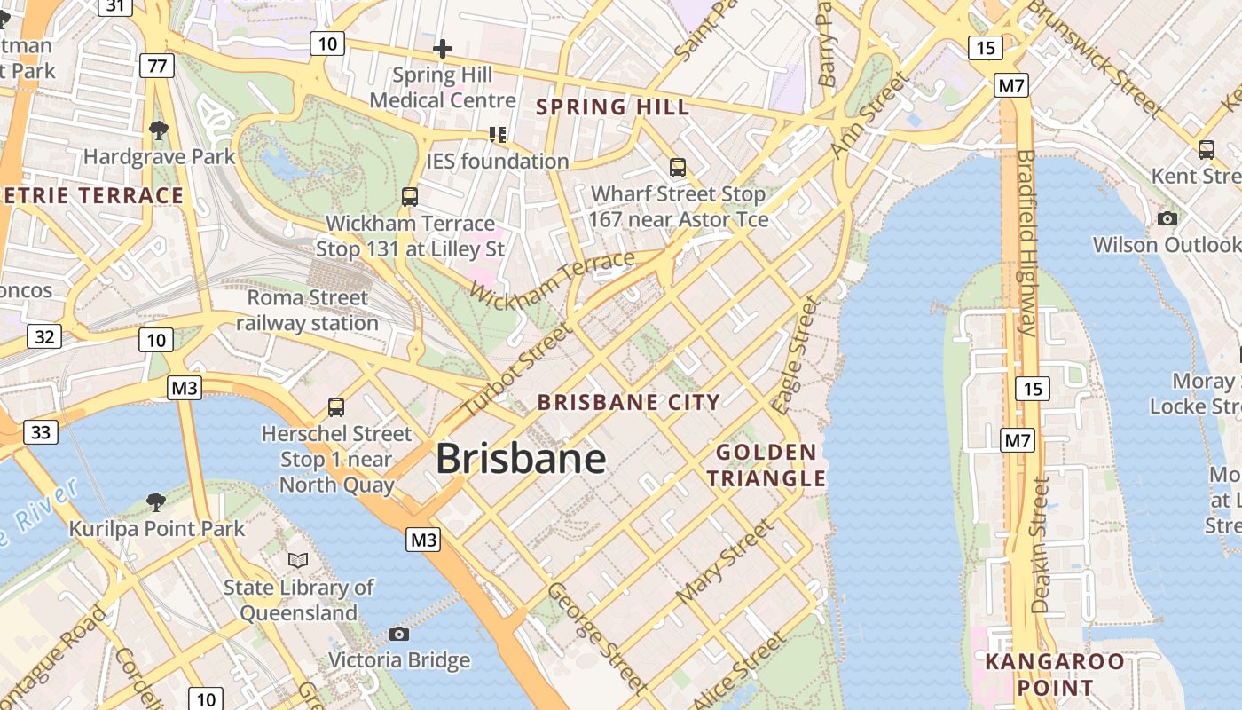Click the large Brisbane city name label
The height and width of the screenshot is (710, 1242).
pos(521,459)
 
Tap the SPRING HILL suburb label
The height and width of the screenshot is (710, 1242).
pos(612,107)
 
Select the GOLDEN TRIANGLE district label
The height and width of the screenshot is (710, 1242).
pos(766,465)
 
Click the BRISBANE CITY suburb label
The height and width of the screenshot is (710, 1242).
pos(629,402)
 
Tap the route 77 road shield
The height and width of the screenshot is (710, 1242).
pos(156,66)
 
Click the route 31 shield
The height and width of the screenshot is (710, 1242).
pos(116,6)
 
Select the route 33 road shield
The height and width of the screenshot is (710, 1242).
pos(41,432)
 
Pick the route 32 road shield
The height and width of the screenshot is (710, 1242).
pos(44,336)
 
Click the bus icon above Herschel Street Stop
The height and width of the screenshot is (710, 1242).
pos(336,407)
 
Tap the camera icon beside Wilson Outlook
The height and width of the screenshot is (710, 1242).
pos(1167,218)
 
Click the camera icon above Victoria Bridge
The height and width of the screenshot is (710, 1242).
pos(399,634)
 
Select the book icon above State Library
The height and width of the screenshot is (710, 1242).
pos(298,561)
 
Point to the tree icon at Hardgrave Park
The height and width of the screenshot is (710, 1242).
pos(159,130)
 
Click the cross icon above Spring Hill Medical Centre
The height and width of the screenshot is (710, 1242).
pos(442,48)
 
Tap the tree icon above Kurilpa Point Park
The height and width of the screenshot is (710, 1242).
pos(156,502)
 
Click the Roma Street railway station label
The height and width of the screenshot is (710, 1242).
pos(307,310)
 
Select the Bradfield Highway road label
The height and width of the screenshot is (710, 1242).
pos(1026,241)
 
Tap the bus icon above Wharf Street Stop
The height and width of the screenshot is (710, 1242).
pos(678,167)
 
